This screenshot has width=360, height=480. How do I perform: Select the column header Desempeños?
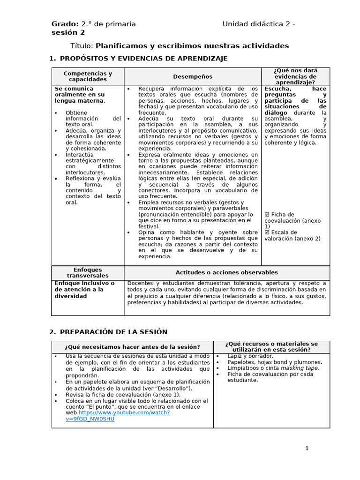tap(192, 76)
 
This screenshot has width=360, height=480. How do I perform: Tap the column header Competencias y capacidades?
tap(88, 76)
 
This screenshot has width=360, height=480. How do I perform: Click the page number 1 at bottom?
tap(307, 448)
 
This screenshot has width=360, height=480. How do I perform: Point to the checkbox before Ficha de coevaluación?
tap(267, 214)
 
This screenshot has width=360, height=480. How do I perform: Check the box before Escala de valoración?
tap(267, 232)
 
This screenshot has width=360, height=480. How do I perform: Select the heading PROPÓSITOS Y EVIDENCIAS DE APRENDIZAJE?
tap(143, 58)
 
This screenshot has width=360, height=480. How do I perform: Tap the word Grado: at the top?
tap(65, 24)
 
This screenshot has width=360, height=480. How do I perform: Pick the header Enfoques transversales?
tap(88, 272)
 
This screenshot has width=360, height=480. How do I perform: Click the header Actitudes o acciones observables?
tap(226, 272)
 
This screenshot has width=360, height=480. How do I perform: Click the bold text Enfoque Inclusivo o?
tap(84, 283)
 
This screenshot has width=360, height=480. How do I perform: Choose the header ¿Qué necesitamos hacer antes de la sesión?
tap(133, 347)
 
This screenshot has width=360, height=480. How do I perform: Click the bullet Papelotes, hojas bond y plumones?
tap(274, 362)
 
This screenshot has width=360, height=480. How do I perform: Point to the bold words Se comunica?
tap(74, 89)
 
